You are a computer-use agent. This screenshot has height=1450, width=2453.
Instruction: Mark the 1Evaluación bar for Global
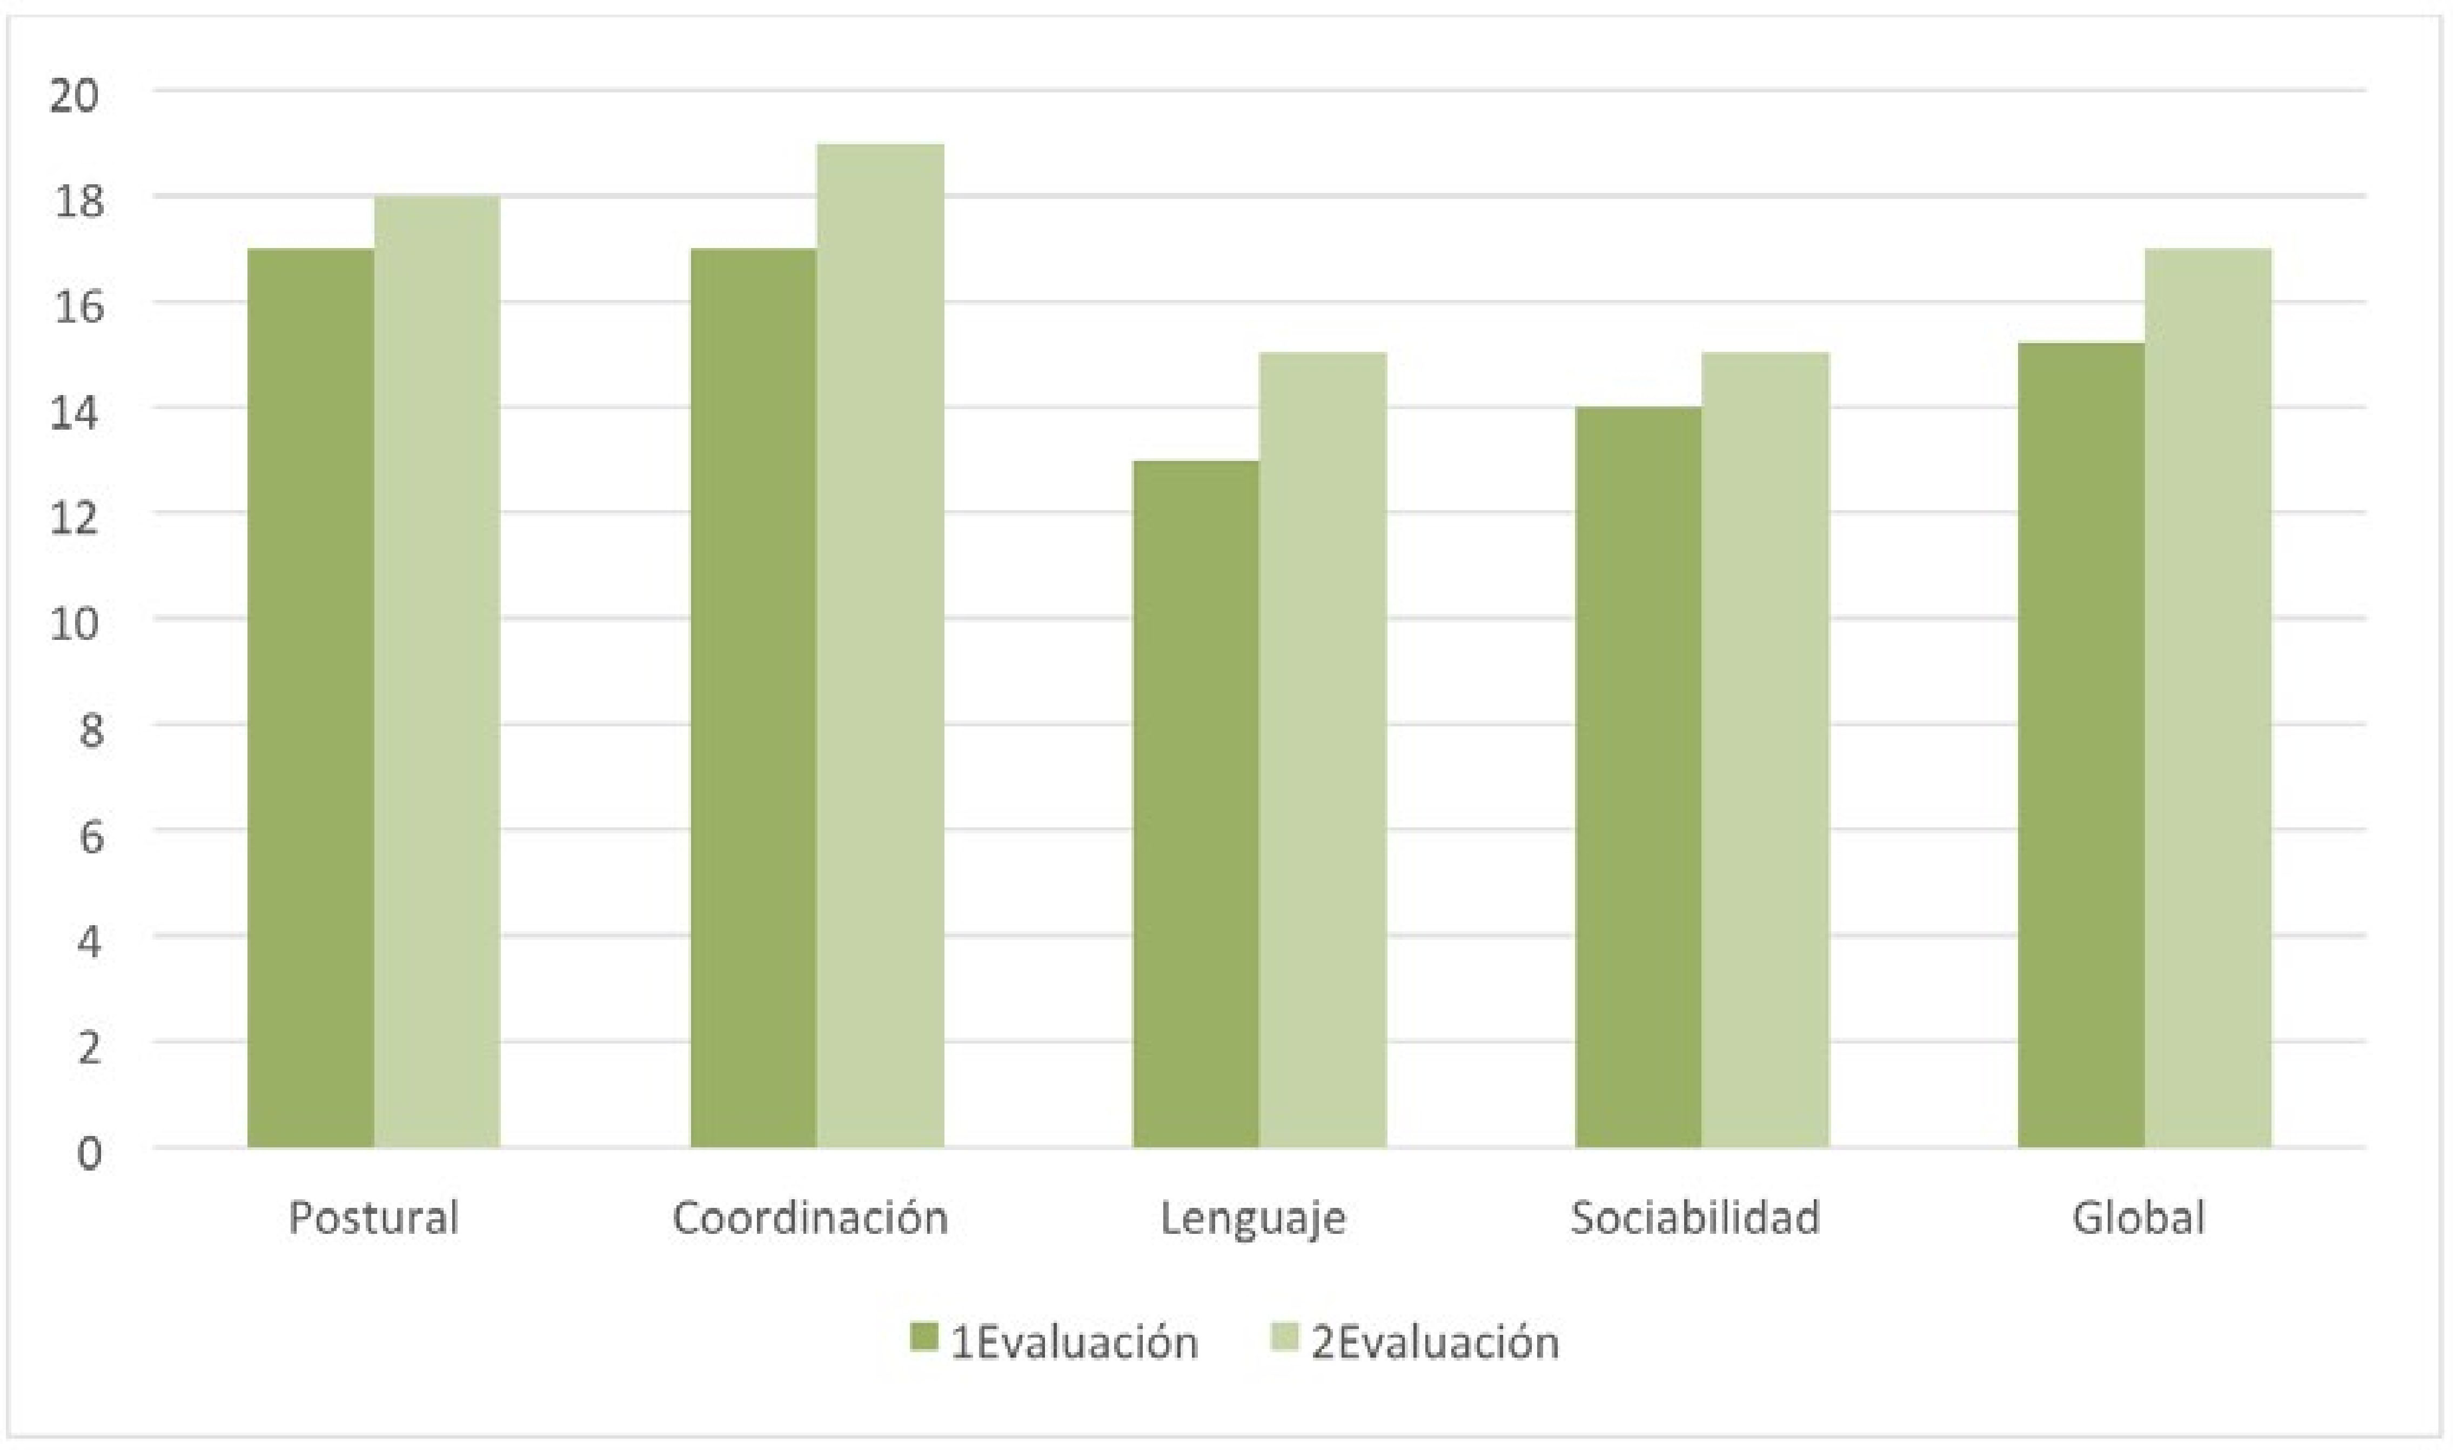(x=2081, y=745)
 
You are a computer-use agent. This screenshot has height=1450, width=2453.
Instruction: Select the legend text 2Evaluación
(x=1434, y=1342)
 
